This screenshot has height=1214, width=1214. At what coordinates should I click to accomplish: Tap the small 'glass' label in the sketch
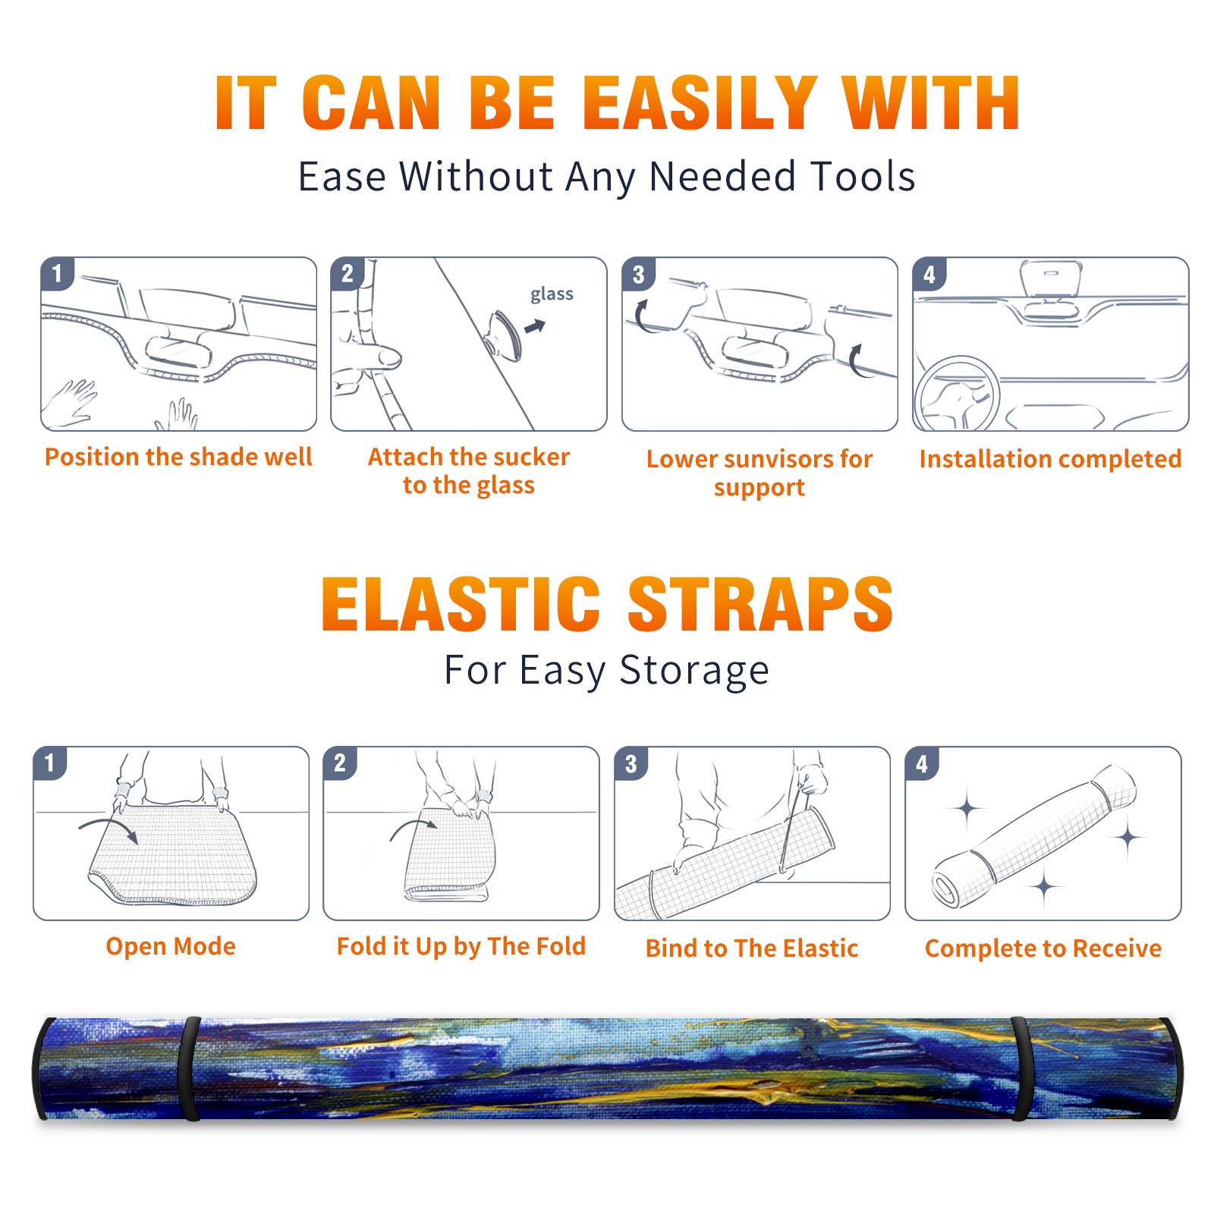click(552, 294)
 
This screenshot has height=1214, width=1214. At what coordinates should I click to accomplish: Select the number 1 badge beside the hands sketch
click(57, 273)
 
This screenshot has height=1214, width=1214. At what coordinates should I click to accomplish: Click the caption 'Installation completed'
click(1050, 458)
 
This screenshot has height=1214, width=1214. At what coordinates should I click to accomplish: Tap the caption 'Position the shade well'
click(178, 457)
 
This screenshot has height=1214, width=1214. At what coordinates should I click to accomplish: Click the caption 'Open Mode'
click(171, 946)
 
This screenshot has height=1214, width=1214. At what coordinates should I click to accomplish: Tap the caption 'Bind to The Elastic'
click(751, 948)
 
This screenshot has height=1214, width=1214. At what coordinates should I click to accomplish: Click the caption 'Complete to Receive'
click(1043, 948)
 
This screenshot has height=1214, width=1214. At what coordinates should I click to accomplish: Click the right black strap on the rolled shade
click(1020, 1069)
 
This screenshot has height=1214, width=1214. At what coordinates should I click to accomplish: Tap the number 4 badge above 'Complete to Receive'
click(922, 763)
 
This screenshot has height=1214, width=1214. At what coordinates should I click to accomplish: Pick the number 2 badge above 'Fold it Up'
click(340, 763)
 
